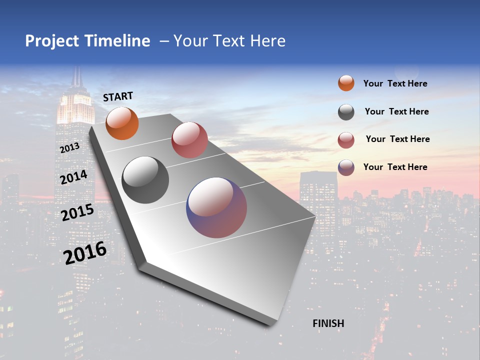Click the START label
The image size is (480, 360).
point(118,96)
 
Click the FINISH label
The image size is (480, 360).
point(328,323)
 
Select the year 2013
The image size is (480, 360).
point(69,148)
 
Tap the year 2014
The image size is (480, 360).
point(73,177)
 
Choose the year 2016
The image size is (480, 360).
point(85,252)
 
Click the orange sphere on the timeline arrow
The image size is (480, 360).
point(122,123)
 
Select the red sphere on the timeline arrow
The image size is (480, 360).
point(189,140)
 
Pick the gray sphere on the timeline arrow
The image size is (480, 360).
point(145,180)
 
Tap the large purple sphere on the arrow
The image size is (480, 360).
point(216,207)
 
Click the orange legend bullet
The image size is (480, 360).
point(346,83)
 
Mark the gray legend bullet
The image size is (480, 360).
point(346,112)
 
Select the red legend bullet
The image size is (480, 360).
point(346,140)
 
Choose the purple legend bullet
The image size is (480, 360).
point(346,167)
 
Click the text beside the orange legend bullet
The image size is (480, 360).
point(395,83)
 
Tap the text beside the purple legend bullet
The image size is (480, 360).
point(395,167)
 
